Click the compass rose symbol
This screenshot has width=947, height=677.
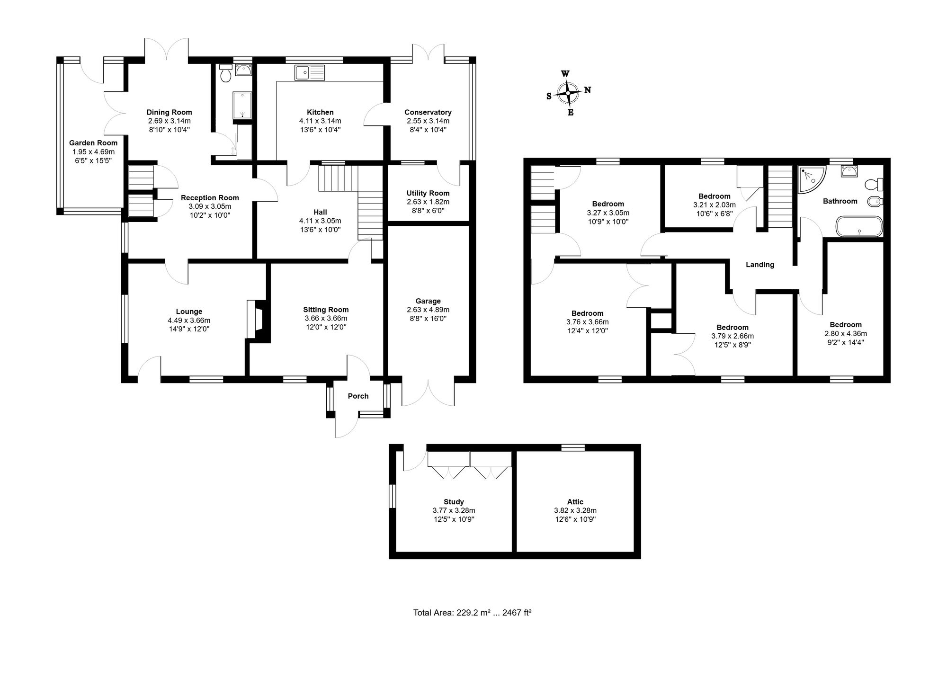(x=568, y=93)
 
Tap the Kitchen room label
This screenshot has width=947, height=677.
(x=320, y=112)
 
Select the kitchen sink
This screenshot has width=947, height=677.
(x=310, y=73)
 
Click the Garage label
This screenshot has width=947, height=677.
(x=428, y=301)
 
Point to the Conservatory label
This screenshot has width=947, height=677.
(x=428, y=112)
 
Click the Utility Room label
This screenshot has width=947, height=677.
(x=428, y=193)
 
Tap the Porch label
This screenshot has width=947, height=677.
(x=358, y=396)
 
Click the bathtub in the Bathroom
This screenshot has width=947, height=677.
(x=859, y=226)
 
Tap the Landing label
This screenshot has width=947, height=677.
(x=760, y=265)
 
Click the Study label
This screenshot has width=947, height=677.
(x=454, y=502)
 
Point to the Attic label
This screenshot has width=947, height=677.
(x=575, y=502)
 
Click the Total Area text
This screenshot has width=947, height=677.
(x=472, y=613)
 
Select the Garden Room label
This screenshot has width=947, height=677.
(x=93, y=143)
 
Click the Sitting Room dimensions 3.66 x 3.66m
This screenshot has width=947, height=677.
(x=326, y=318)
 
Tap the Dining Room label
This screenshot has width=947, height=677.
(x=169, y=112)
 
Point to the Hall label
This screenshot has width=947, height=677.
(x=320, y=212)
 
